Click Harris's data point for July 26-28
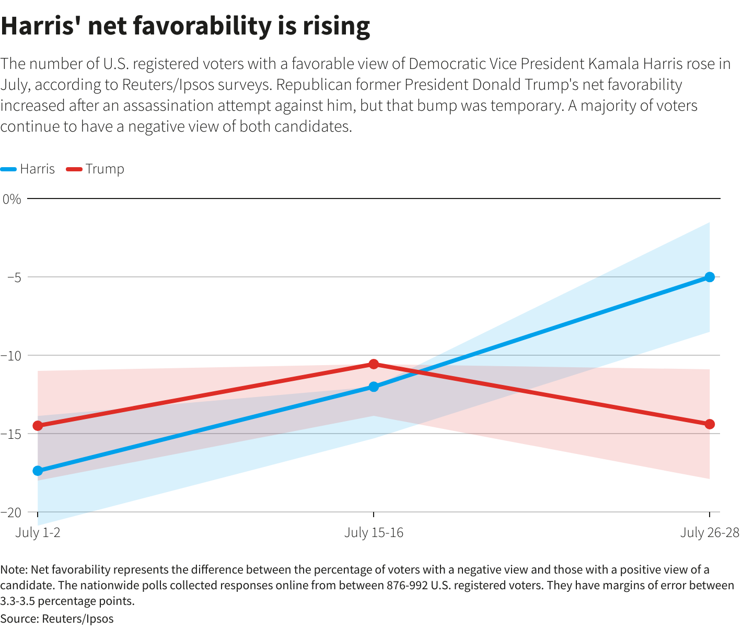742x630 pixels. pos(709,277)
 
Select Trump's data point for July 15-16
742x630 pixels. pos(374,364)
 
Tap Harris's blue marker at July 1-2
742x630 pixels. pos(38,471)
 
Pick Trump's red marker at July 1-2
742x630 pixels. pos(38,426)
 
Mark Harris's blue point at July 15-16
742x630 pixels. pos(374,387)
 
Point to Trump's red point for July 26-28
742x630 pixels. pos(709,424)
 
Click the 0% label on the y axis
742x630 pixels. pos(11,199)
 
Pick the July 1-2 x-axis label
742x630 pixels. pos(38,532)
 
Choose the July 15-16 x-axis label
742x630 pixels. pos(374,532)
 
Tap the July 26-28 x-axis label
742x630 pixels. pos(710,532)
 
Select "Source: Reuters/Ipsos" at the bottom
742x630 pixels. pos(57,619)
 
